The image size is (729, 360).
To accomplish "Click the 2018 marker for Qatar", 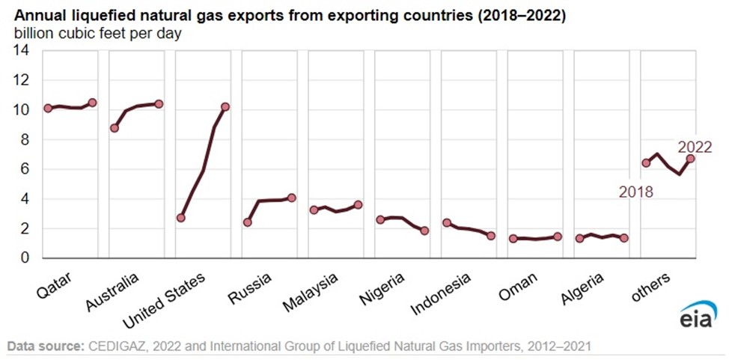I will pyautogui.click(x=48, y=108).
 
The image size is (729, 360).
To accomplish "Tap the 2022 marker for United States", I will pyautogui.click(x=225, y=106).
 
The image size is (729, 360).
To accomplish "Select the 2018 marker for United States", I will pyautogui.click(x=180, y=218).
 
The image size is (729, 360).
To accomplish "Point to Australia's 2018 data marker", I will pyautogui.click(x=115, y=128).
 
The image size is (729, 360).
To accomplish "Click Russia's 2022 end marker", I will pyautogui.click(x=292, y=198).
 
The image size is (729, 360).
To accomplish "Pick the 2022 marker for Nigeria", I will pyautogui.click(x=424, y=231).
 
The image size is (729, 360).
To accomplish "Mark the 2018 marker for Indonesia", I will pyautogui.click(x=447, y=223).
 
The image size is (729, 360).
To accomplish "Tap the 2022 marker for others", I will pyautogui.click(x=691, y=159).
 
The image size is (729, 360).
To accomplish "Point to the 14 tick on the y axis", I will pyautogui.click(x=21, y=51).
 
